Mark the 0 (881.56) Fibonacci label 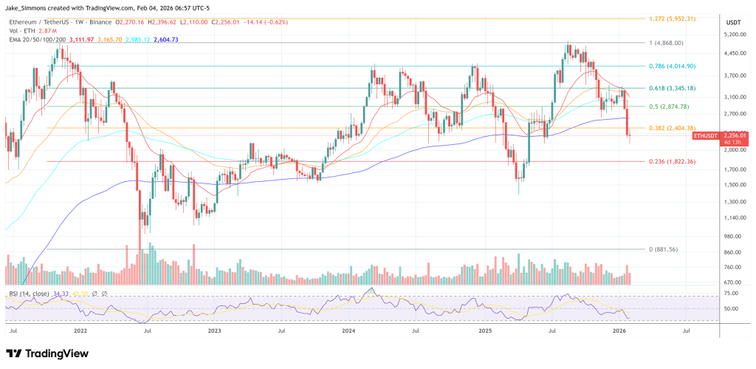pyautogui.click(x=671, y=249)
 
